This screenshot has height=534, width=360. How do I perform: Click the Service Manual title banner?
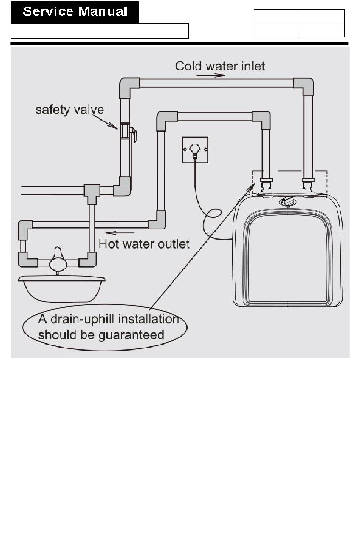(75, 12)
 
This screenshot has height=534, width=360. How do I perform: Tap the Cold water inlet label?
(220, 66)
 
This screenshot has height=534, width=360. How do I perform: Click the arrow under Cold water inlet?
(211, 75)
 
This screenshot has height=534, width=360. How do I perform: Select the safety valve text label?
(69, 110)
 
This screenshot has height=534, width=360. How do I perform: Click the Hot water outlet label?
(144, 244)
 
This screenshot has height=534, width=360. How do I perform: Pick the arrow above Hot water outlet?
(119, 233)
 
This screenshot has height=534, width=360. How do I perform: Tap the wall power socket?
(195, 150)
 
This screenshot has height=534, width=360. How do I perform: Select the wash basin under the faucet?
(62, 288)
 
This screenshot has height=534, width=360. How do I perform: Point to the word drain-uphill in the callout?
(82, 319)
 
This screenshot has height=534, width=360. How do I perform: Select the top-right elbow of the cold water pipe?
(304, 86)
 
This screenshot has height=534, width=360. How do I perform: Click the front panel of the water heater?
(288, 262)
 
